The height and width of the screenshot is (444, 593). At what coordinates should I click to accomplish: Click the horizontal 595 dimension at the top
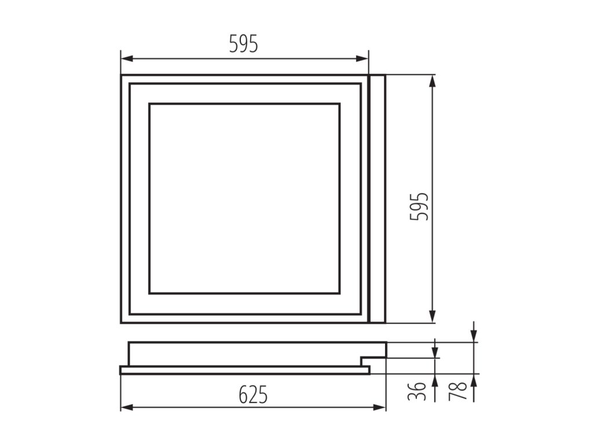point(244,44)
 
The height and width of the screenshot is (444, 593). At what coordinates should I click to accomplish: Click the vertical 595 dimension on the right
point(419,206)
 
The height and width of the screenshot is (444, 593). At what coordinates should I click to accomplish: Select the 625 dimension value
point(253,395)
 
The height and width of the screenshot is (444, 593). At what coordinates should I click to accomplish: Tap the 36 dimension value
point(417,391)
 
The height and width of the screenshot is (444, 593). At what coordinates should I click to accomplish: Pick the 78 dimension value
point(457,391)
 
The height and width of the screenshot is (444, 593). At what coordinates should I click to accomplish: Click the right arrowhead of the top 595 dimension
point(363,58)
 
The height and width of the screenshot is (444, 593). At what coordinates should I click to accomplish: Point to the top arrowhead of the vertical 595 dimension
point(433,81)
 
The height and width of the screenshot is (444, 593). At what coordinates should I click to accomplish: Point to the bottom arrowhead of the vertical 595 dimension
point(433,317)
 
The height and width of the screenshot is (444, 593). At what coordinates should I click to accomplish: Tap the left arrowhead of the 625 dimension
point(127,408)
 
